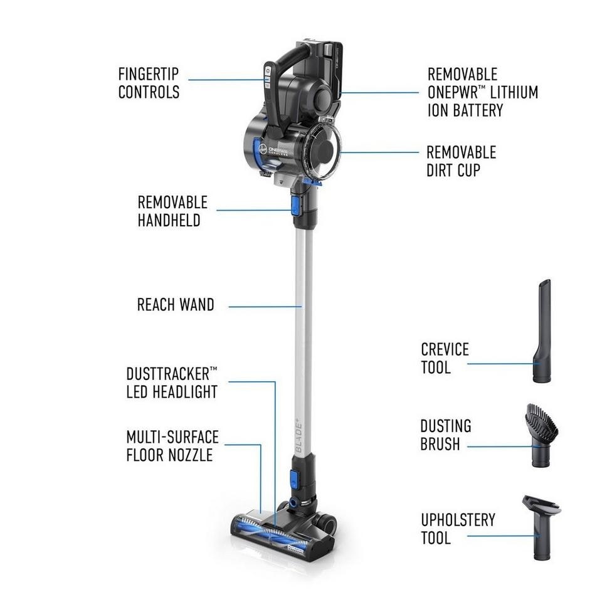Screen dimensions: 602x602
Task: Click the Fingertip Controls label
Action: [x=149, y=83]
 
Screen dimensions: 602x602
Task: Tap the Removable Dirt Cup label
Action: [x=461, y=161]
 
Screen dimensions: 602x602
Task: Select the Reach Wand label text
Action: [x=176, y=305]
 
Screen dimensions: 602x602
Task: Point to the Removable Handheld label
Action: [x=172, y=211]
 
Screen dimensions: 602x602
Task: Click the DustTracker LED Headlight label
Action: [x=172, y=383]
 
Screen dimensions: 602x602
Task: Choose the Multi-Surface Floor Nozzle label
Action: [x=172, y=445]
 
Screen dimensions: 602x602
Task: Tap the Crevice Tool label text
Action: [x=445, y=358]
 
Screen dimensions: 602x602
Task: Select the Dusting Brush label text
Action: [x=446, y=435]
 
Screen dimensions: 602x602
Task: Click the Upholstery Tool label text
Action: [x=458, y=529]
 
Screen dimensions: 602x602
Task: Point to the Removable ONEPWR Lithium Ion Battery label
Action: [x=482, y=93]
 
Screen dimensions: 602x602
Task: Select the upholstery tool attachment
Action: [x=540, y=527]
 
